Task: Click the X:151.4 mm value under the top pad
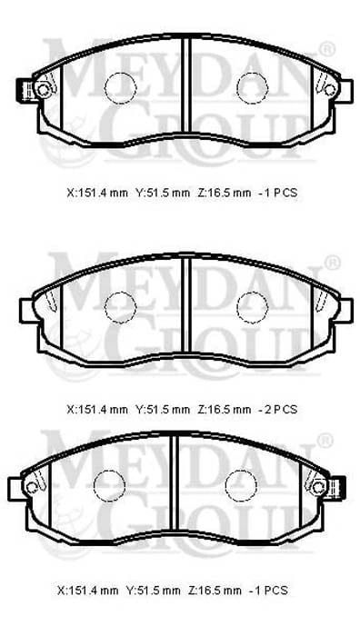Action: pyautogui.click(x=97, y=193)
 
